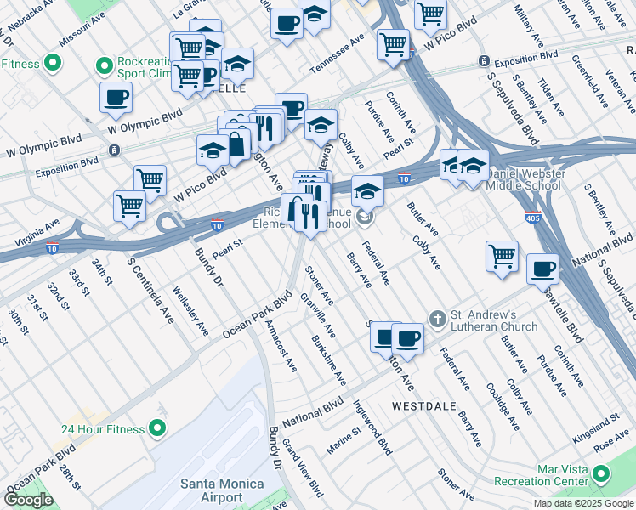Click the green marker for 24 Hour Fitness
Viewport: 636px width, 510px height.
coord(157,428)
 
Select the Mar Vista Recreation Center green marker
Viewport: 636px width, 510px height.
coord(602,474)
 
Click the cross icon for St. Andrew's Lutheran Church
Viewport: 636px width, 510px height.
coord(437,319)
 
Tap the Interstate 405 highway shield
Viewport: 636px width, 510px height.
coord(532,218)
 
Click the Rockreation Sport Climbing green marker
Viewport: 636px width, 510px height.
coord(105,65)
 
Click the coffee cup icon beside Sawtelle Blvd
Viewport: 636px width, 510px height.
coord(542,271)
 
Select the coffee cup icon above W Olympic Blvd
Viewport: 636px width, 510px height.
coord(116,98)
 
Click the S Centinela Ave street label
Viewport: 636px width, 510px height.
coord(140,277)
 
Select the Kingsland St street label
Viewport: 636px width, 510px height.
coord(596,421)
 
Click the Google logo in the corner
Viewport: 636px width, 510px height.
coord(29,500)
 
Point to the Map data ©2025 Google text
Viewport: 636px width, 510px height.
coord(583,503)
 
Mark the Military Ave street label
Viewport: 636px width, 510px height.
coord(531,25)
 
